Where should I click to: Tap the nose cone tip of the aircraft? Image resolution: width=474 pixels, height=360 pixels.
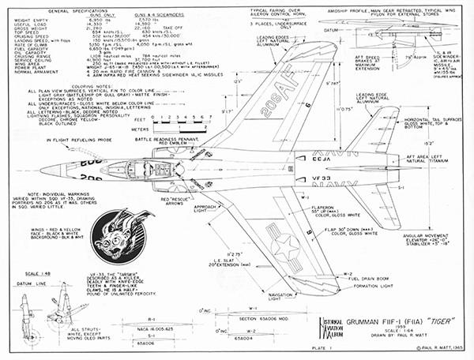[x=41, y=170]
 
